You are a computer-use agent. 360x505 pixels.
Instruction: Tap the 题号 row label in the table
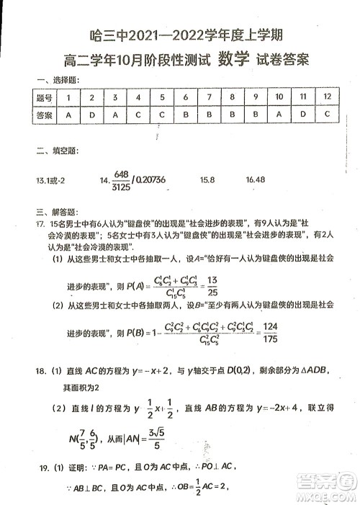tap(45, 97)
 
